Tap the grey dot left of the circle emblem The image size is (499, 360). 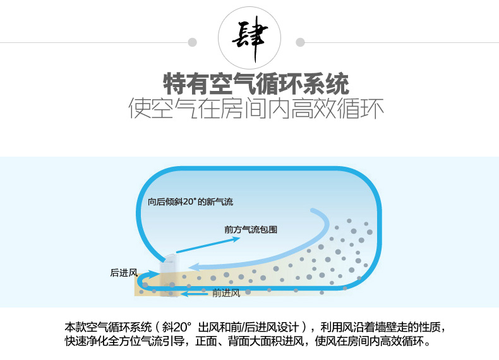pyautogui.click(x=192, y=42)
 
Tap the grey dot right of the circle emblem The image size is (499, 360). pyautogui.click(x=300, y=42)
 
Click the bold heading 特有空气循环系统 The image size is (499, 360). pyautogui.click(x=256, y=84)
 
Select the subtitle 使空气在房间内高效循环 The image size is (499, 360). pyautogui.click(x=256, y=109)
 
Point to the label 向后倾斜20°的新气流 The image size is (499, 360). pyautogui.click(x=190, y=201)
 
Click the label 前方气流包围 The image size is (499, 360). pyautogui.click(x=251, y=229)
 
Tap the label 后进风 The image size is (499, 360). pyautogui.click(x=124, y=272)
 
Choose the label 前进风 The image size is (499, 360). pyautogui.click(x=226, y=293)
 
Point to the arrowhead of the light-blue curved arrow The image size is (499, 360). pyautogui.click(x=193, y=267)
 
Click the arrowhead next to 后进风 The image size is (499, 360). pyautogui.click(x=155, y=273)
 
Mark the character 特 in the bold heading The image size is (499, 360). pyautogui.click(x=174, y=84)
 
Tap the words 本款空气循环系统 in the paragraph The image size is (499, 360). pyautogui.click(x=108, y=327)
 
